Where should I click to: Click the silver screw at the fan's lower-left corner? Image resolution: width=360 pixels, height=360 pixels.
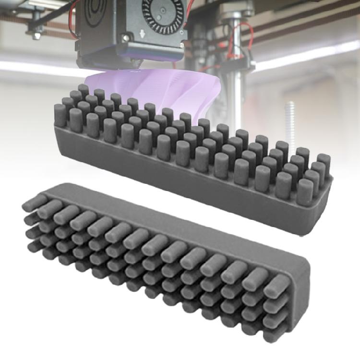[126, 37]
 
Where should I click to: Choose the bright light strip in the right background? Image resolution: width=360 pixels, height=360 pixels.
[307, 55]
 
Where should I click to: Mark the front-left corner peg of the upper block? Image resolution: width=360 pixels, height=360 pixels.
[60, 115]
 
